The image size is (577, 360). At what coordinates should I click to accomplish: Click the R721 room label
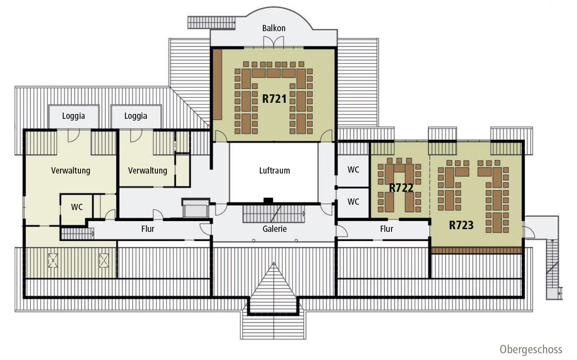click(274, 99)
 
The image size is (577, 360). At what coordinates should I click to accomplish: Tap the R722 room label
click(401, 188)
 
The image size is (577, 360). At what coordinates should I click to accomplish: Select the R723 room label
click(461, 225)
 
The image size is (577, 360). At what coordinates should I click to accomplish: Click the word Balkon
click(274, 28)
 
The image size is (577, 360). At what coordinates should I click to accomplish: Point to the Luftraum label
click(274, 170)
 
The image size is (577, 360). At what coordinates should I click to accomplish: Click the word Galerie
click(274, 229)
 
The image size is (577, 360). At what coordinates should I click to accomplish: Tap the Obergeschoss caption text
click(531, 350)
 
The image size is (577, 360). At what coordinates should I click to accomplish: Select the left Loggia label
click(73, 116)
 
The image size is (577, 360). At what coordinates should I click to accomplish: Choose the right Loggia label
click(136, 116)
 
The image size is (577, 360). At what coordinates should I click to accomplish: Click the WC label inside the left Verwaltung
click(77, 207)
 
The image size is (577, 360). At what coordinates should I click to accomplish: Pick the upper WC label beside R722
click(353, 170)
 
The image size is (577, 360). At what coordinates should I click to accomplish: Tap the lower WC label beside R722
click(353, 202)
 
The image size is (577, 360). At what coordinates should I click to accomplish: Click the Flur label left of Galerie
click(148, 229)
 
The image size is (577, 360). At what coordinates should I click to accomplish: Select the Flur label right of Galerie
click(387, 229)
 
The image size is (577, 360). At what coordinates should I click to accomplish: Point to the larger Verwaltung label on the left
click(71, 170)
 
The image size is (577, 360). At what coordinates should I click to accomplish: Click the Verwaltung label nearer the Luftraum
click(148, 170)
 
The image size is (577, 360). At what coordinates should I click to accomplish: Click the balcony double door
click(274, 42)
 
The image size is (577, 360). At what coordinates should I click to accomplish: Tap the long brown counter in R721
click(218, 85)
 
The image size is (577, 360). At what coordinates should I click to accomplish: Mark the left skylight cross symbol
click(53, 260)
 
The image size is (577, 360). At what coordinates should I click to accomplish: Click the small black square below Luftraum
click(268, 201)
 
